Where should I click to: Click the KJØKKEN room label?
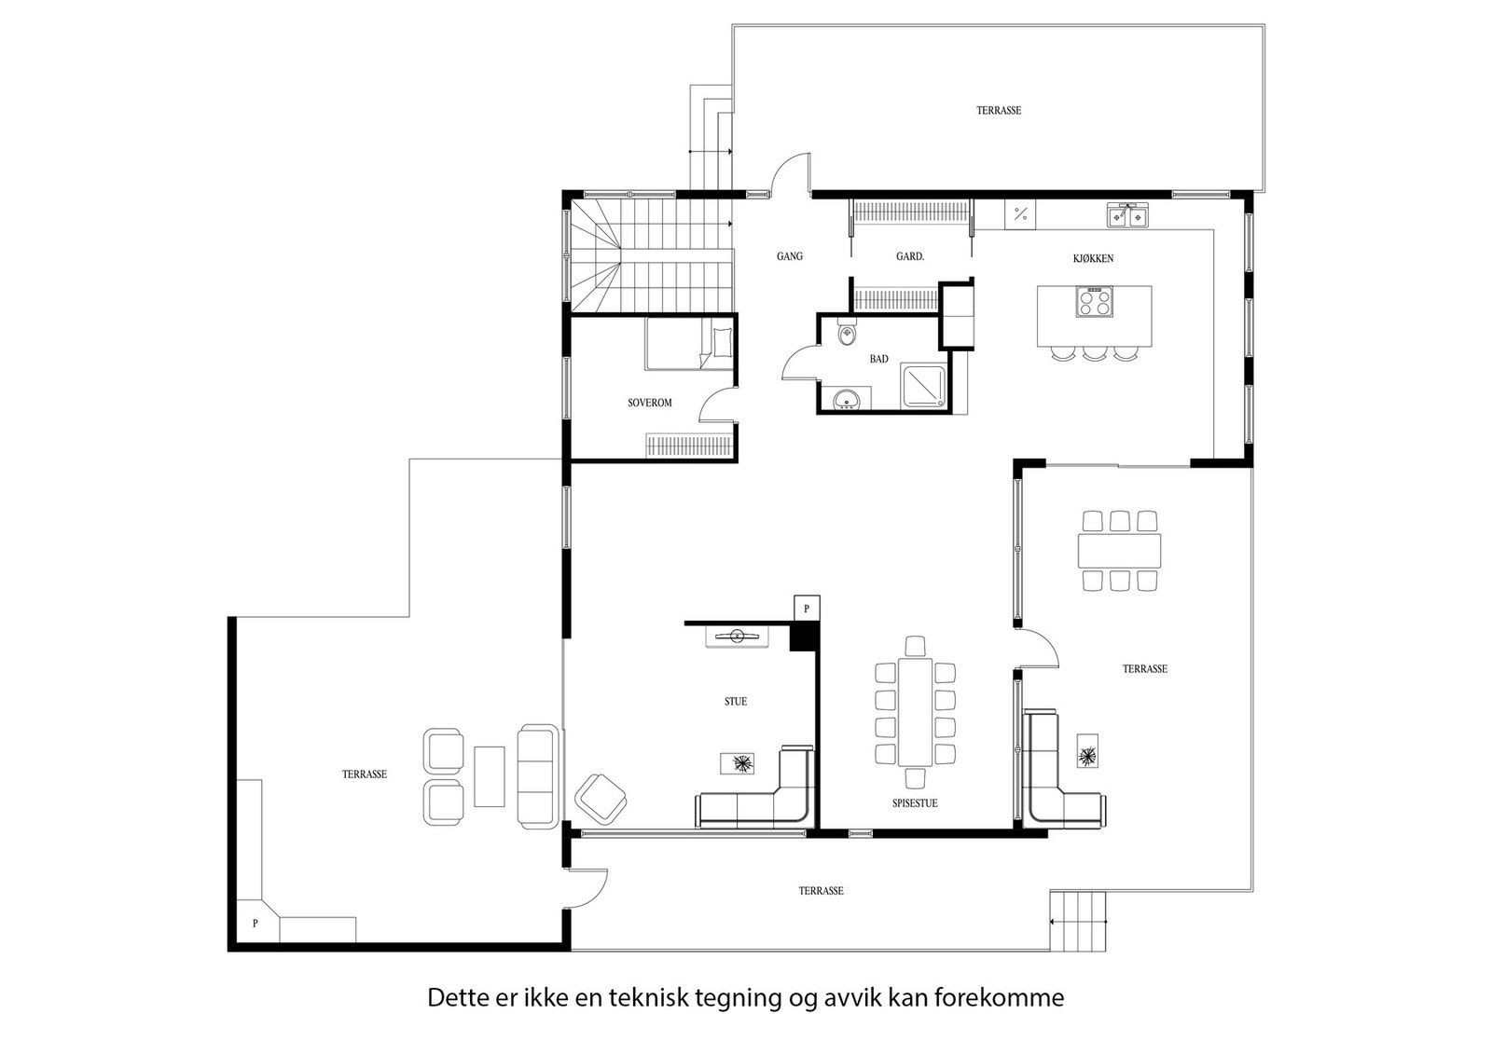click(x=1093, y=259)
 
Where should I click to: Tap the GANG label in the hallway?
click(x=789, y=256)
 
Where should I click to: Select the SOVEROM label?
click(x=649, y=403)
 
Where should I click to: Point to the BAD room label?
click(x=878, y=360)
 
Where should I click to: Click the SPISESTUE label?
click(x=915, y=803)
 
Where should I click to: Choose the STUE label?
click(x=736, y=702)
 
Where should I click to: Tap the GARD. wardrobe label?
click(x=910, y=256)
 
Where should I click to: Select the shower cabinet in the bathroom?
click(x=923, y=386)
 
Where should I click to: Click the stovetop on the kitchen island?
click(x=1094, y=301)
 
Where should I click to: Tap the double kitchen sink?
click(x=1127, y=216)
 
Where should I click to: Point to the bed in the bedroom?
click(x=689, y=344)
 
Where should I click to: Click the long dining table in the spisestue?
click(x=915, y=711)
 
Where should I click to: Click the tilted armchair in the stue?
click(x=601, y=799)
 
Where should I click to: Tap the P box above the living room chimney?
click(x=807, y=609)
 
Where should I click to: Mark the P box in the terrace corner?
click(x=256, y=924)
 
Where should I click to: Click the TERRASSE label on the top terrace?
click(x=999, y=111)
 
